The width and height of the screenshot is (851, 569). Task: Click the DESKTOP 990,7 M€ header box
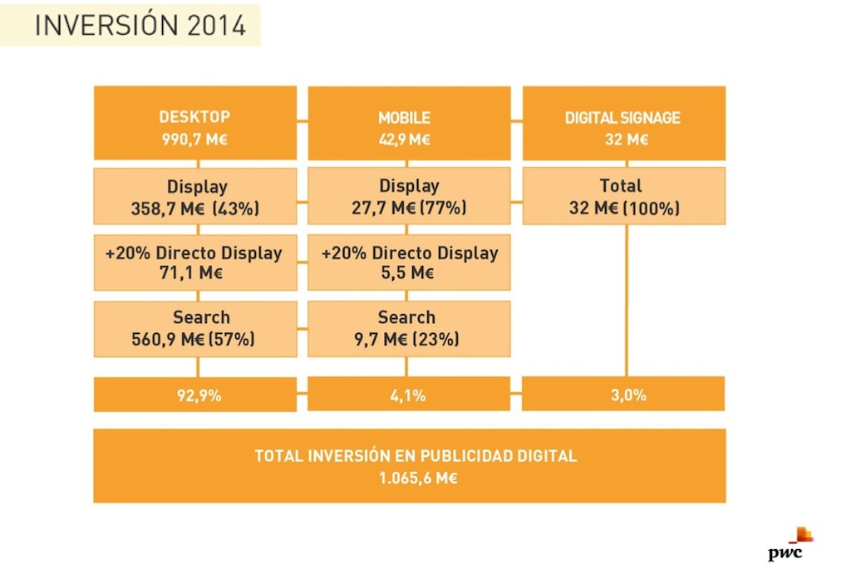point(194,123)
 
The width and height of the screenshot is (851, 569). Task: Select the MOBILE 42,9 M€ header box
point(409,123)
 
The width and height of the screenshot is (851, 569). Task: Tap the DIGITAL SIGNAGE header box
point(623,123)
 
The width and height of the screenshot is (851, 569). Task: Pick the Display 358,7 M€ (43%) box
point(194,196)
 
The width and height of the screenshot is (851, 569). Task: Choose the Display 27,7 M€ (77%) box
point(409,196)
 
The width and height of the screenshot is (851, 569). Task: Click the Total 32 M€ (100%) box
point(623,196)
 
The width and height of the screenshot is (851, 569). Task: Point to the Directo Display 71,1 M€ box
point(194,262)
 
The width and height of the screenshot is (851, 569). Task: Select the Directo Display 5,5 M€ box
point(409,262)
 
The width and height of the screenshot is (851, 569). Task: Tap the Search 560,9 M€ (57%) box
point(194,327)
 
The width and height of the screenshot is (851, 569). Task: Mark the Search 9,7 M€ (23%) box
point(409,327)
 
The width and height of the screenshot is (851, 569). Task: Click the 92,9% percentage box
point(194,395)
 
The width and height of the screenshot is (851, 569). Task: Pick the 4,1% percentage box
point(409,395)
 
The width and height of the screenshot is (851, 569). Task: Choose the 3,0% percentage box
point(623,395)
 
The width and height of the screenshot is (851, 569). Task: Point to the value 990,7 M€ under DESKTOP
point(194,139)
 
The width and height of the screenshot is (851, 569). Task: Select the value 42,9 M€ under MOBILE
point(405,139)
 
